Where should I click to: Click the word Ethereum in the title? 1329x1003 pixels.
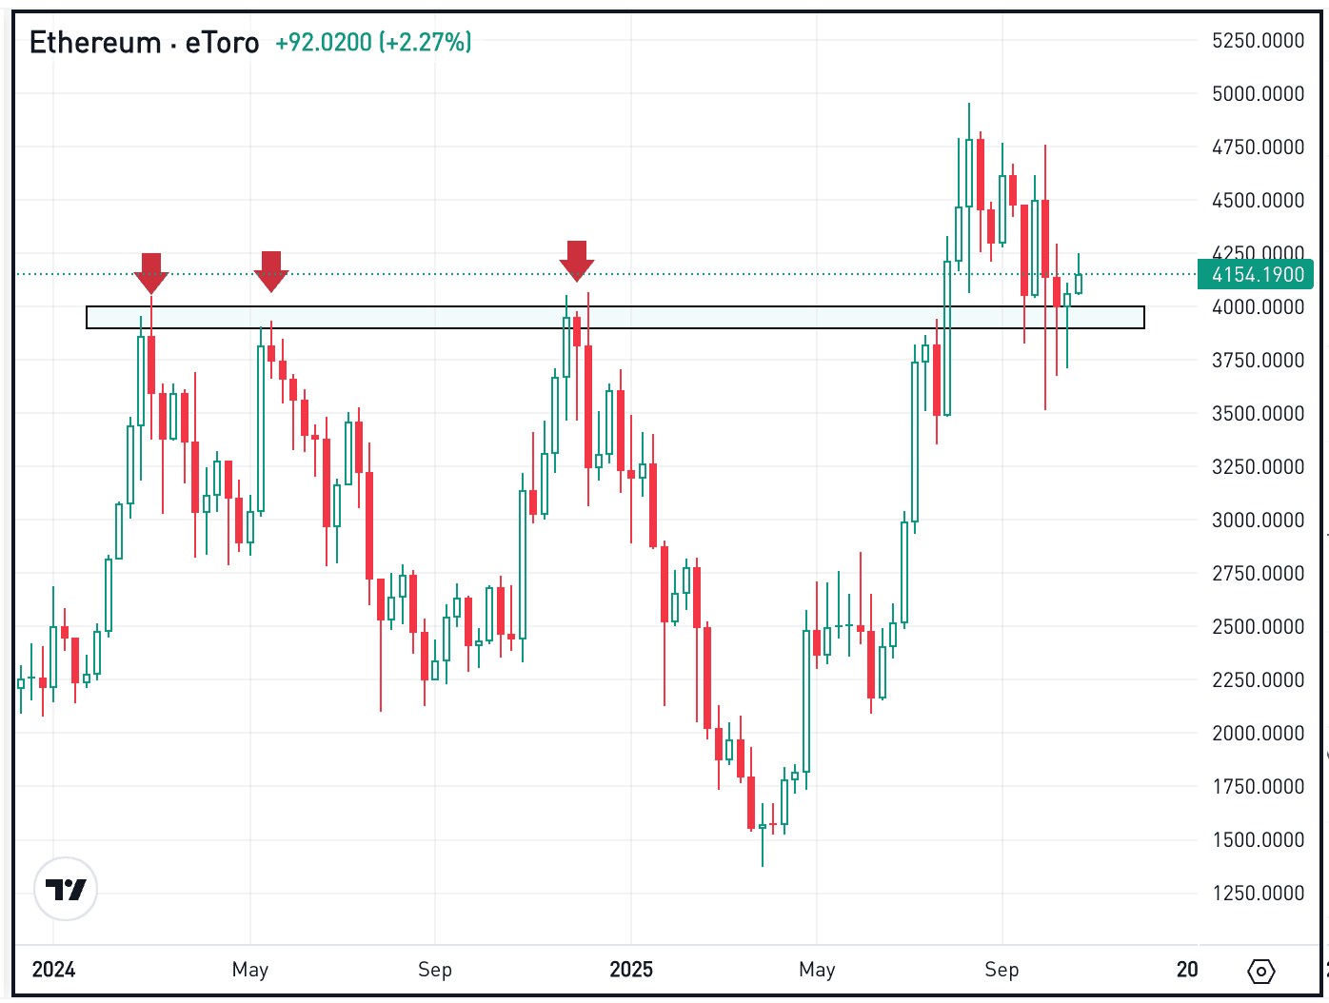(x=95, y=43)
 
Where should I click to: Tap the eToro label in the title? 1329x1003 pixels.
(x=222, y=43)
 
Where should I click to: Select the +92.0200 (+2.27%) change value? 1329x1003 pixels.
(x=373, y=43)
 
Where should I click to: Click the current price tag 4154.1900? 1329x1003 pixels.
(x=1257, y=275)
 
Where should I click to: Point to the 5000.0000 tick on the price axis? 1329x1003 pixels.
(x=1258, y=94)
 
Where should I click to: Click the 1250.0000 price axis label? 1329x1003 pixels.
(x=1258, y=894)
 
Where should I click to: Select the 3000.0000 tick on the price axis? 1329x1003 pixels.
(x=1258, y=521)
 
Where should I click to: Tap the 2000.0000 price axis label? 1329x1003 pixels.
(x=1258, y=734)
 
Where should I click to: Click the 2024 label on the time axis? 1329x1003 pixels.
(x=53, y=970)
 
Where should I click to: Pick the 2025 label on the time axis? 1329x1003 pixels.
(x=631, y=970)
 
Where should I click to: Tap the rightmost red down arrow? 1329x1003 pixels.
(x=576, y=260)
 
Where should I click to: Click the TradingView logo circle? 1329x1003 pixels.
(x=66, y=889)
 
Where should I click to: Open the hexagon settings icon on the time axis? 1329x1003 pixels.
(x=1260, y=971)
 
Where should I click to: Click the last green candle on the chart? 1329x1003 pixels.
(x=1079, y=284)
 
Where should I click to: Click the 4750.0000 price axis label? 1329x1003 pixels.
(x=1258, y=147)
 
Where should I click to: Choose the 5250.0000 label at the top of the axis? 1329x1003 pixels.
(x=1258, y=41)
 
